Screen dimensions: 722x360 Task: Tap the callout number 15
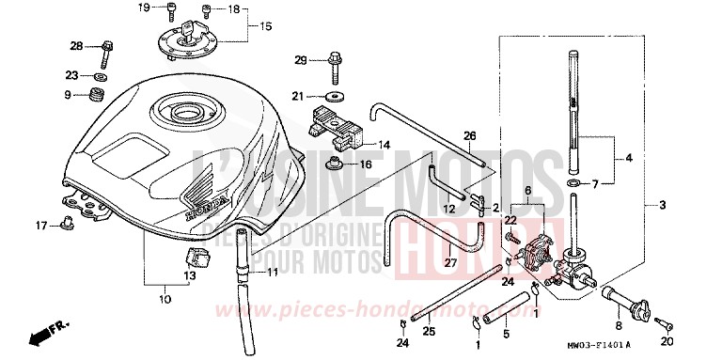click(265, 25)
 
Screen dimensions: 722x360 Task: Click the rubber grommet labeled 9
click(94, 94)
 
